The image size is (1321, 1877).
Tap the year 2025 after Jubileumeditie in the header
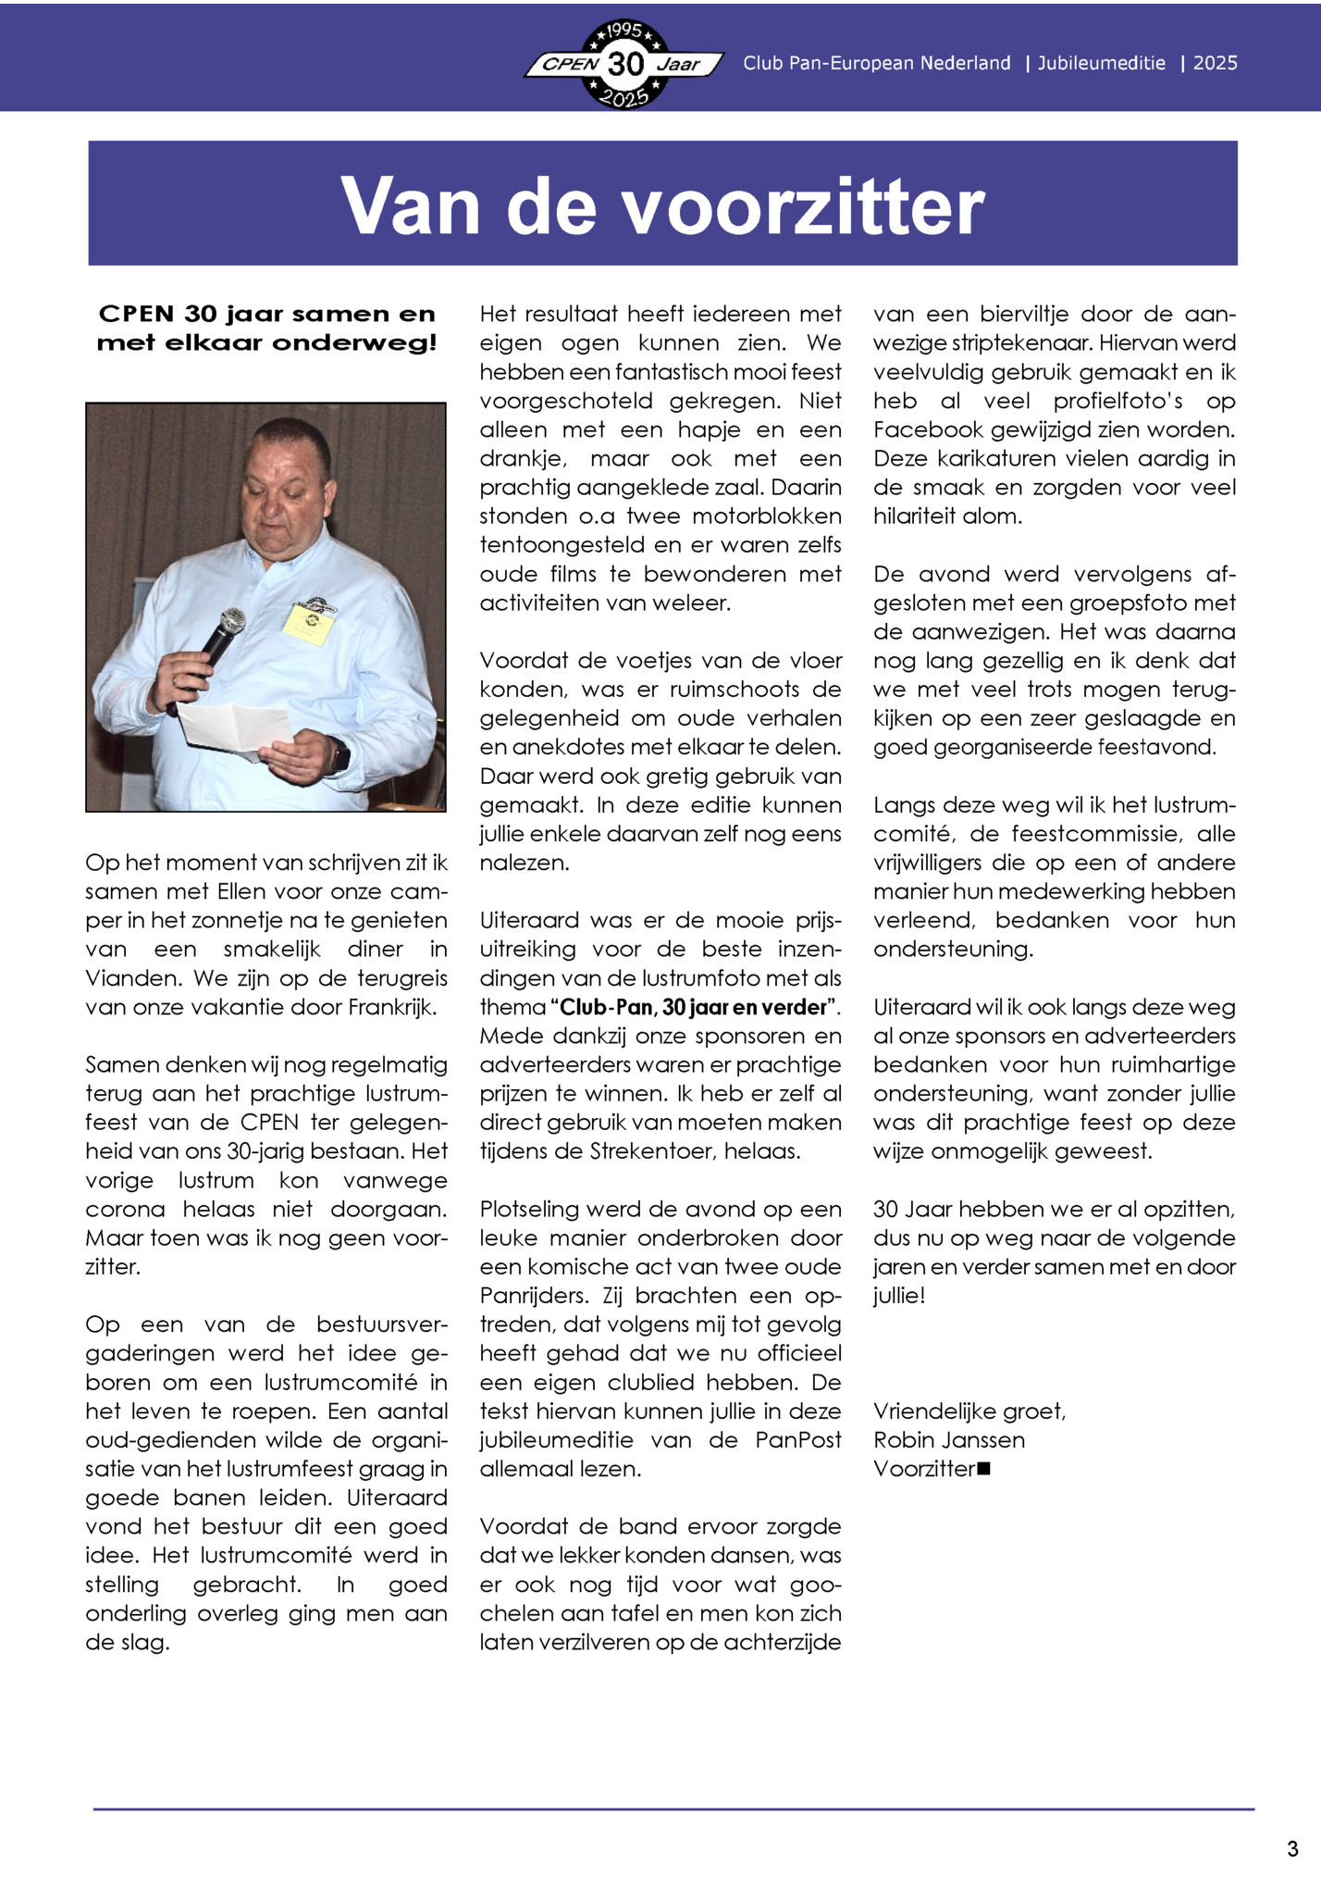pyautogui.click(x=1215, y=63)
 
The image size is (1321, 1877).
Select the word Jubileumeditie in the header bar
pyautogui.click(x=1101, y=63)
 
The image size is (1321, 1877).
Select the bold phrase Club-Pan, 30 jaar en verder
pyautogui.click(x=694, y=1007)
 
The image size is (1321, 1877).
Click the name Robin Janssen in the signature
pyautogui.click(x=948, y=1440)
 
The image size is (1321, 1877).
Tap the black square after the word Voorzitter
pyautogui.click(x=983, y=1468)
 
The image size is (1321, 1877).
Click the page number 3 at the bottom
pyautogui.click(x=1292, y=1849)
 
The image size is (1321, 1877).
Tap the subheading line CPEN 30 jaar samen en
pyautogui.click(x=266, y=314)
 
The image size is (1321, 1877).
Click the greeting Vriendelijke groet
pyautogui.click(x=969, y=1411)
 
